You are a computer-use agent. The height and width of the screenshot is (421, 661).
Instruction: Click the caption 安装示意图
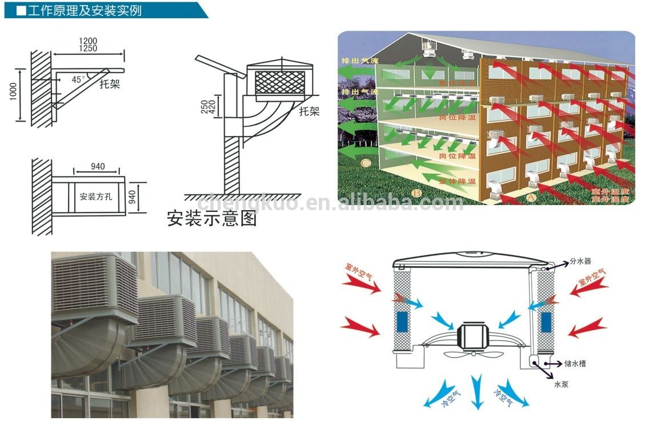point(211,218)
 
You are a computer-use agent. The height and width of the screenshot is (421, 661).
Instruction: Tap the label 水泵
point(562,384)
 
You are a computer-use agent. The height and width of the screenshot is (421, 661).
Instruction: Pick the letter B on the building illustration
point(417,193)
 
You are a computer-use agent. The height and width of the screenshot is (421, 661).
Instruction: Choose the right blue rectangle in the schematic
point(546,321)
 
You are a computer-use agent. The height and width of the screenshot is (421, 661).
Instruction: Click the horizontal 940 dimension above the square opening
point(98,166)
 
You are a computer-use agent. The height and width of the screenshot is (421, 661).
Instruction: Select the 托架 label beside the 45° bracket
point(109,85)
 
